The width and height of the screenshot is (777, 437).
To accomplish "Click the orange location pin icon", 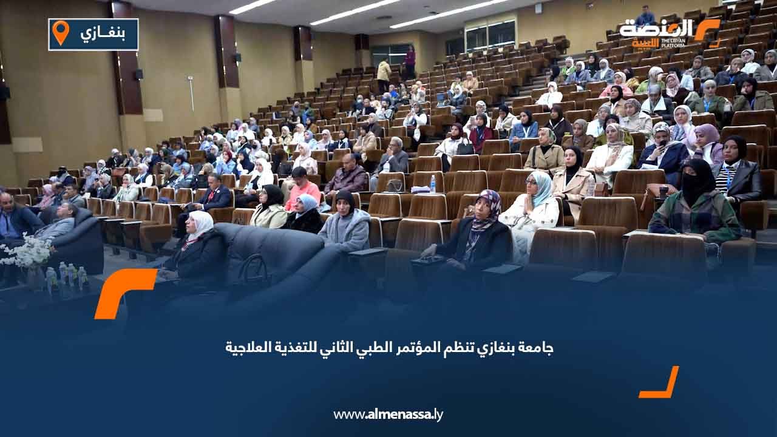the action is [x=61, y=32].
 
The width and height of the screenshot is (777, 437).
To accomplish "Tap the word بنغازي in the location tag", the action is [x=103, y=33].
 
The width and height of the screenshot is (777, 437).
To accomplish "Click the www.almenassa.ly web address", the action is [x=388, y=415].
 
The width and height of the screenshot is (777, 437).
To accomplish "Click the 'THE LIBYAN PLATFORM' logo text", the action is [x=673, y=43].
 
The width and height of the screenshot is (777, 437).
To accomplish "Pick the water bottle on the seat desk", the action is [x=433, y=184].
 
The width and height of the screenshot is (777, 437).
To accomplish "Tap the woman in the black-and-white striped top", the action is [x=735, y=170].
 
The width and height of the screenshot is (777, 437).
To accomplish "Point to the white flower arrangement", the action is [x=25, y=251].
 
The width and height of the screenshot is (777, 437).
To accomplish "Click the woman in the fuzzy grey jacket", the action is [x=345, y=222].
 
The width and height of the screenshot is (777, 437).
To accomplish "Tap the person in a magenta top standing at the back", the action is [x=410, y=62].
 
